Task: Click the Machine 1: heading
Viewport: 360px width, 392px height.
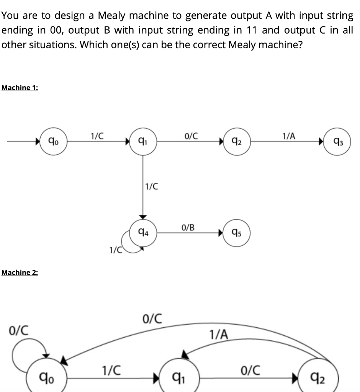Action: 20,88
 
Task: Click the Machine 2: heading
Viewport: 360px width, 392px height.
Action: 20,272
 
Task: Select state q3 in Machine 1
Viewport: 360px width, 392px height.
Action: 337,144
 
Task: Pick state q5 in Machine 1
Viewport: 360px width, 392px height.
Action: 237,233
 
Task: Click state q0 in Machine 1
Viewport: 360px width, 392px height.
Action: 54,142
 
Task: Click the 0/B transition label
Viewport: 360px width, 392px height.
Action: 188,227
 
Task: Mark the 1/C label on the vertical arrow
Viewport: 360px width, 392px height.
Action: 151,187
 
